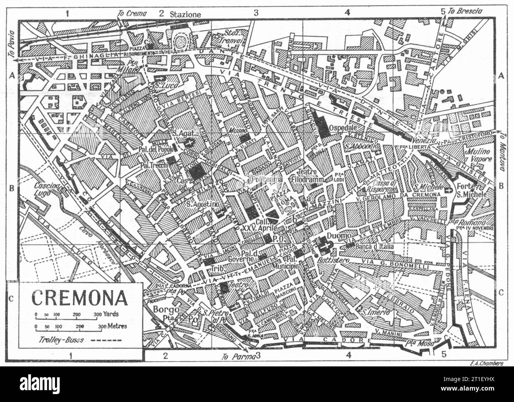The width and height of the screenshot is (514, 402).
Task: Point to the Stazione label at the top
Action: click(185, 14)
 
